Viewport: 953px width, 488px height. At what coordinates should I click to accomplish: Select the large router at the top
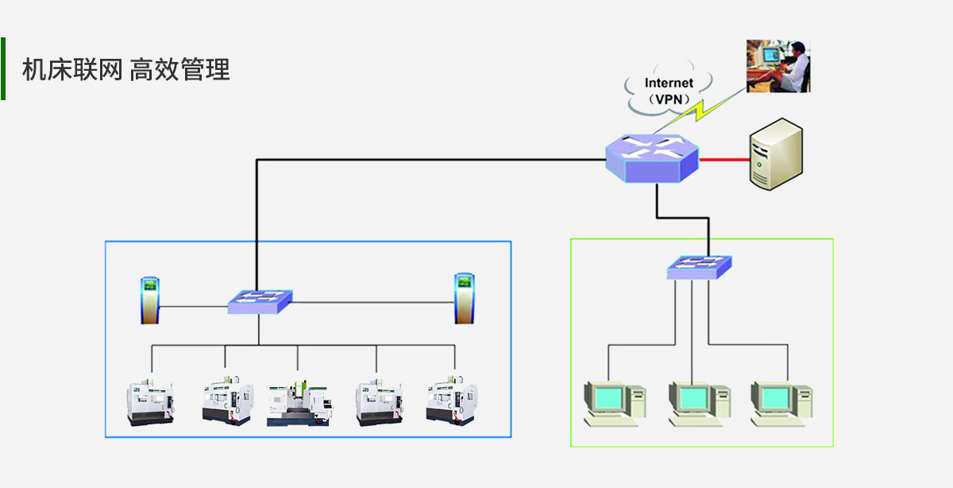(x=651, y=157)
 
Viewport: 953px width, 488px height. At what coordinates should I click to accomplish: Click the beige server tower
(x=775, y=154)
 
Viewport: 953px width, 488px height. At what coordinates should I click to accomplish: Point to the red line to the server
(x=724, y=160)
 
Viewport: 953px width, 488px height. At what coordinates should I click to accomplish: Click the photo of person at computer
(x=778, y=65)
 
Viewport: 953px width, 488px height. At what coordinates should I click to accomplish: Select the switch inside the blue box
(x=260, y=301)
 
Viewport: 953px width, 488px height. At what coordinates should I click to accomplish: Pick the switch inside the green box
(x=699, y=267)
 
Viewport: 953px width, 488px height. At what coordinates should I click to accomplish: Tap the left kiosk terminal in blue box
(x=150, y=300)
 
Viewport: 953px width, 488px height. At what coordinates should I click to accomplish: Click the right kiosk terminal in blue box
(x=465, y=298)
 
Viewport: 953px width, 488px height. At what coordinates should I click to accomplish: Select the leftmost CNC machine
(x=151, y=401)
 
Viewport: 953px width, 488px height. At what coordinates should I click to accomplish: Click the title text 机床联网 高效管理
(x=125, y=70)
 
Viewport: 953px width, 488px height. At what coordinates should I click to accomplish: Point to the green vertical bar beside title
(x=3, y=68)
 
